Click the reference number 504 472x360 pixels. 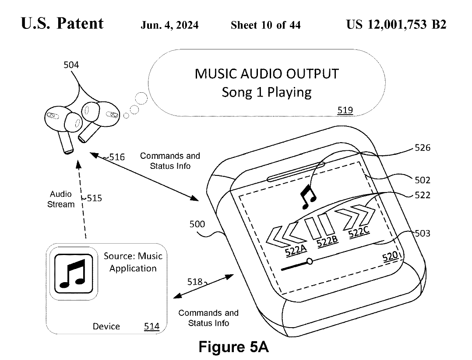click(71, 65)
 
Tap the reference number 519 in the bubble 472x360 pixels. click(345, 110)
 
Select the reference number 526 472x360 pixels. click(422, 148)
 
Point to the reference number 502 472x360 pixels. click(422, 180)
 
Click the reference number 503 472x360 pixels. click(422, 234)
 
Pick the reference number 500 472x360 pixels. click(197, 224)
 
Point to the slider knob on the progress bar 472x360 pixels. click(310, 262)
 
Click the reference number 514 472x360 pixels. click(151, 326)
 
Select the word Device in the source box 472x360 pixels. click(106, 326)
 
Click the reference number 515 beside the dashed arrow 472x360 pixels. click(94, 198)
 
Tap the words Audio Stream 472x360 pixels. click(61, 199)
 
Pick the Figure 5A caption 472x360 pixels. click(233, 346)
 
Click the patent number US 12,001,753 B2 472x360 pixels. click(396, 24)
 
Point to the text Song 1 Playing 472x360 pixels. click(266, 93)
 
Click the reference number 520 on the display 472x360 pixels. click(390, 257)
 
